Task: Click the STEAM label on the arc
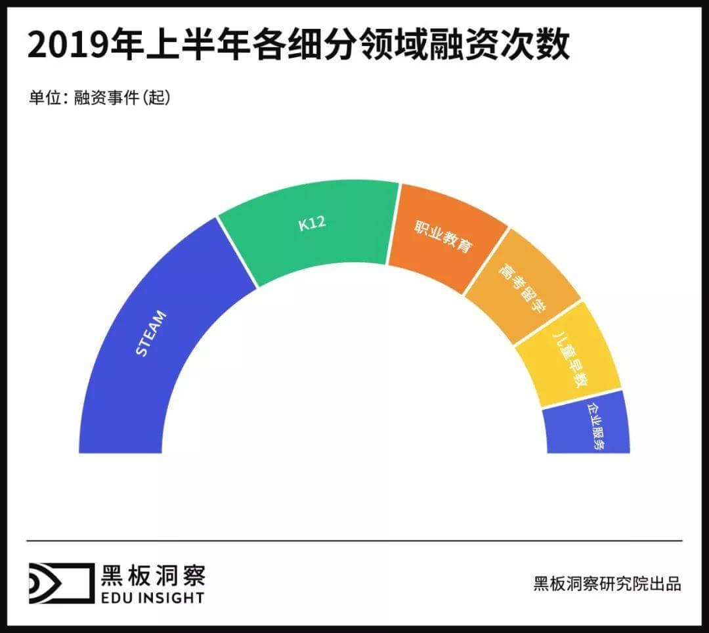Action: pos(151,333)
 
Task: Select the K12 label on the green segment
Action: pos(311,224)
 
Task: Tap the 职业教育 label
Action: pos(443,237)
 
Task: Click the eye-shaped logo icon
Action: pos(59,583)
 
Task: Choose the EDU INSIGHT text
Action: pos(153,597)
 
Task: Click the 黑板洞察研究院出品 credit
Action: pos(607,584)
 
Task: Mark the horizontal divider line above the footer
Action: pos(354,540)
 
